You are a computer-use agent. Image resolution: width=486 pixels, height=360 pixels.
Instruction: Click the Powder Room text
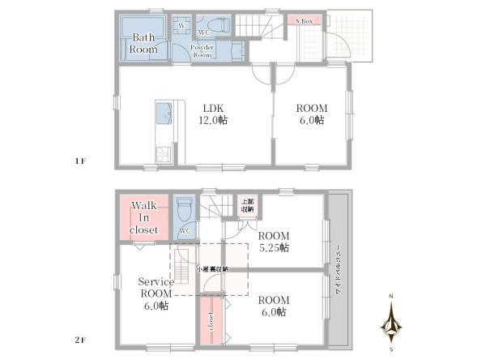coord(202,50)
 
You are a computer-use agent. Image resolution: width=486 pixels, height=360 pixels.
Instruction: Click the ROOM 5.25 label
coord(274,242)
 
